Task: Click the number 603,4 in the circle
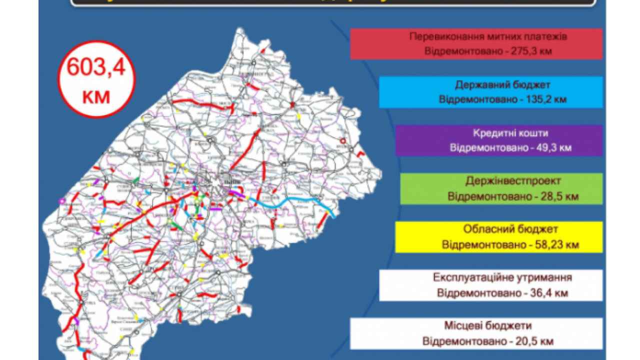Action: [x=96, y=67]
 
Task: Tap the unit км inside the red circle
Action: [x=96, y=95]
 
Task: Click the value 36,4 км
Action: [x=548, y=292]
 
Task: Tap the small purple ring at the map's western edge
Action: [x=62, y=201]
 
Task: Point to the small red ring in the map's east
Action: [x=342, y=141]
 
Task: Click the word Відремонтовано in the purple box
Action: [x=483, y=148]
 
